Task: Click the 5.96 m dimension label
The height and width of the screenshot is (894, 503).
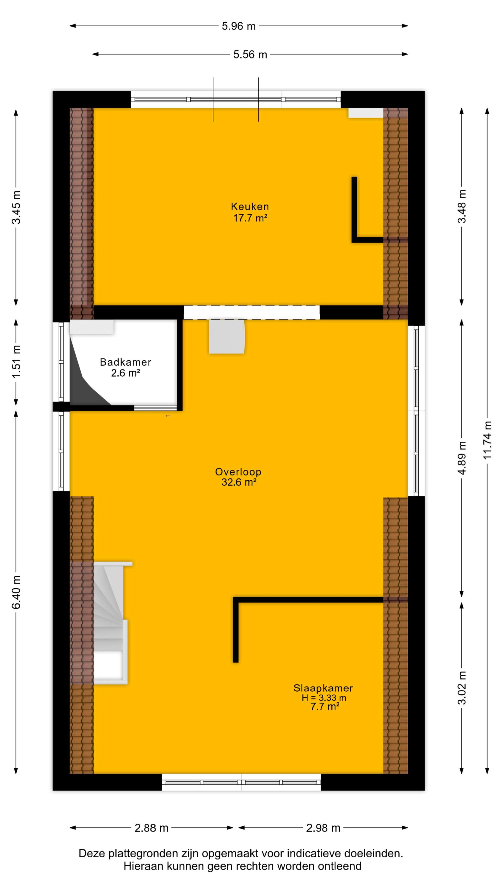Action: point(238,26)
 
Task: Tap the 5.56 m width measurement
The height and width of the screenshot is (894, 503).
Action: point(250,55)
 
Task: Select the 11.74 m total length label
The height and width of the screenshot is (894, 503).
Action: point(488,440)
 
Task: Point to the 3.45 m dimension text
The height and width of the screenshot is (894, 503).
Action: point(16,207)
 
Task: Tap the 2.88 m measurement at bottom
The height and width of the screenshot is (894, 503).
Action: point(151,828)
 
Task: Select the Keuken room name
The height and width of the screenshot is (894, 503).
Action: point(250,207)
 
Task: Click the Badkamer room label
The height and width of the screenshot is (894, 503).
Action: point(126,362)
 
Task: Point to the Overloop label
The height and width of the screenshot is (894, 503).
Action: point(238,472)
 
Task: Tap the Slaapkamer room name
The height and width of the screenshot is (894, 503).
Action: point(323,688)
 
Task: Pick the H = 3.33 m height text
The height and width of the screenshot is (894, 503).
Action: point(324,698)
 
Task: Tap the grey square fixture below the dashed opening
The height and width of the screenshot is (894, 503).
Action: point(227,337)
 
